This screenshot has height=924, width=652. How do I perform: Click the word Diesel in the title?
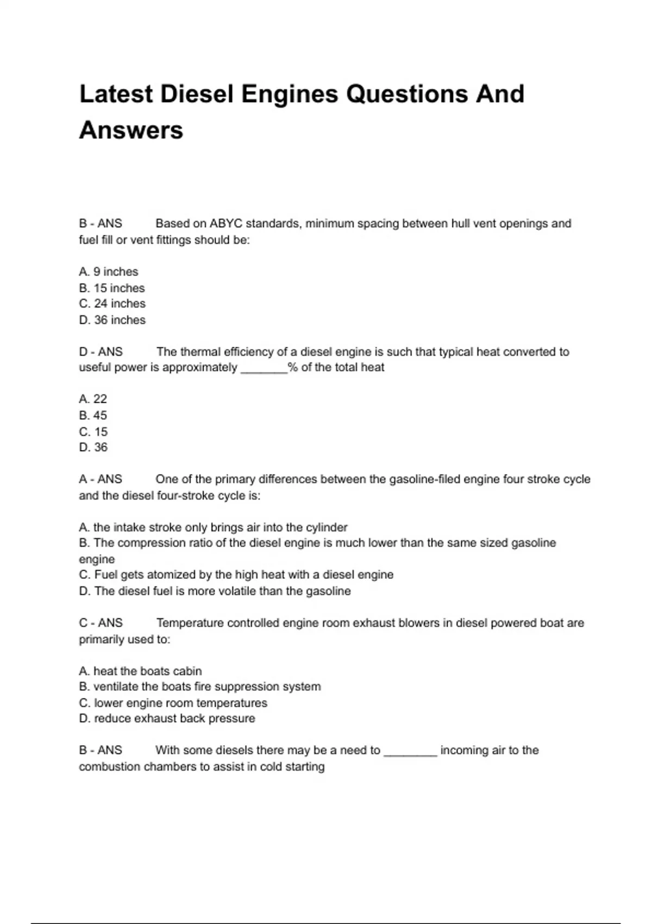click(196, 94)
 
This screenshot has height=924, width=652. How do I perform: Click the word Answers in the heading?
click(131, 130)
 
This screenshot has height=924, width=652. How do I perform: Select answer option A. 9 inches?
click(109, 272)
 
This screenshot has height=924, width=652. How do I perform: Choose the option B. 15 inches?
click(112, 288)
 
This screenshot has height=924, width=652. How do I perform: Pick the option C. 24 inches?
click(112, 304)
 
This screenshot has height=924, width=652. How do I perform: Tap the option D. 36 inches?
click(112, 320)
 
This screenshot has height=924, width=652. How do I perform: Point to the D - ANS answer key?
click(101, 352)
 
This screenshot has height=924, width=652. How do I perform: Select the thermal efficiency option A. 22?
click(93, 399)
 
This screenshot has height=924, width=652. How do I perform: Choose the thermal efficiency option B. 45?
click(93, 415)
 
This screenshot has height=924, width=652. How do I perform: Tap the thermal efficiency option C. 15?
click(93, 432)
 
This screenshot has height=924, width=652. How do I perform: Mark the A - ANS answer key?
click(101, 479)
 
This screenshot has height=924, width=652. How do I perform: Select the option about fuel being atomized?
click(236, 575)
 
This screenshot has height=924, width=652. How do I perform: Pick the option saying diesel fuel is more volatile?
click(215, 591)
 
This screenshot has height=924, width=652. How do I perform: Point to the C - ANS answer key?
click(101, 623)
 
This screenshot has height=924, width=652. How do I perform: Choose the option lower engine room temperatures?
click(173, 703)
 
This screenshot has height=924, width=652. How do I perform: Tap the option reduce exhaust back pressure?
click(167, 719)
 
